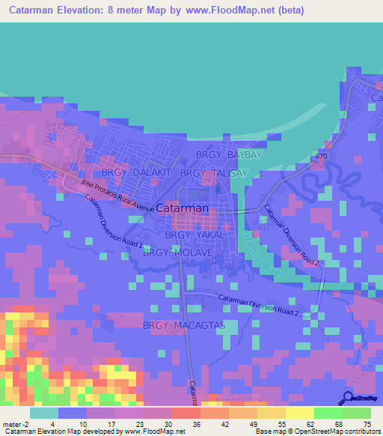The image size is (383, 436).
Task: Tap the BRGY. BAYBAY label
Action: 229,155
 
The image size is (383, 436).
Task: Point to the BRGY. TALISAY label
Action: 213,173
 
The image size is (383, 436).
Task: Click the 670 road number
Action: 321,156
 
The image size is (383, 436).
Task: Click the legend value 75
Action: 366,423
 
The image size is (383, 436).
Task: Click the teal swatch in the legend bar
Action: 44,413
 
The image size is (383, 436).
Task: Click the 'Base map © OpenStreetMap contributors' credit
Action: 316,432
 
